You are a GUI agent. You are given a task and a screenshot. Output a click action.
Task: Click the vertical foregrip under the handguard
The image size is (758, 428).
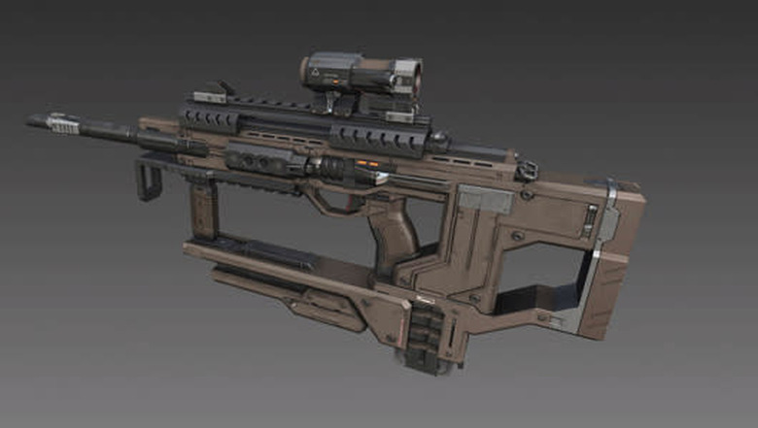click(203, 209)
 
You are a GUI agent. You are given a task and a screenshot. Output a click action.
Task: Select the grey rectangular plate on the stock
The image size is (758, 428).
click(483, 201)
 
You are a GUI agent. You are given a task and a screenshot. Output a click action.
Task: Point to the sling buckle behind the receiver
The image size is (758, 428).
click(527, 171)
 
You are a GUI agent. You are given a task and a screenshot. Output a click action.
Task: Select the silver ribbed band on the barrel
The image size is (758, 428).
click(64, 123)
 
